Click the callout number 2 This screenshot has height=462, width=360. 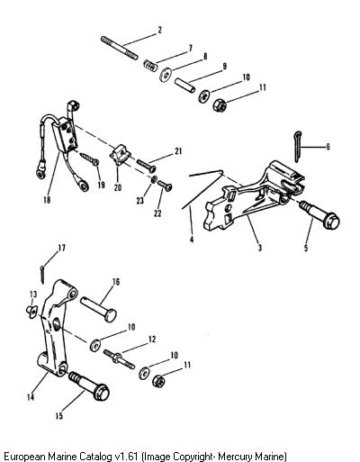click(159, 30)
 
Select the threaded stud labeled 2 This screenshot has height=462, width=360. click(120, 48)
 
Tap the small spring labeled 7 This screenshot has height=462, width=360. click(149, 65)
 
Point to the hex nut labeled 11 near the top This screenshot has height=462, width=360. click(220, 105)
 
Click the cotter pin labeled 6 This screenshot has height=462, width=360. click(297, 146)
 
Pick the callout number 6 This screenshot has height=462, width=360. click(328, 147)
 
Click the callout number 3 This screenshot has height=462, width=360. click(260, 248)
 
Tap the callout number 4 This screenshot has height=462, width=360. click(192, 240)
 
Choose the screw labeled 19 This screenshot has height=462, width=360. click(90, 159)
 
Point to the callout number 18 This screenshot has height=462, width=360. click(47, 200)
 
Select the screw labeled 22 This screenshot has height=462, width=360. click(165, 186)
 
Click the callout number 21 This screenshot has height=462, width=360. click(178, 151)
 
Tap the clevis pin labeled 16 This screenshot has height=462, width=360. click(98, 309)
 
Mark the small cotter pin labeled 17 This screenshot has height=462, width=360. click(42, 274)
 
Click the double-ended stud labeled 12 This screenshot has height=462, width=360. click(120, 359)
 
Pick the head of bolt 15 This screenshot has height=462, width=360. click(101, 392)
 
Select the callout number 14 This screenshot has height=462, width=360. click(31, 397)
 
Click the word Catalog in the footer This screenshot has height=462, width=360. click(96, 456)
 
